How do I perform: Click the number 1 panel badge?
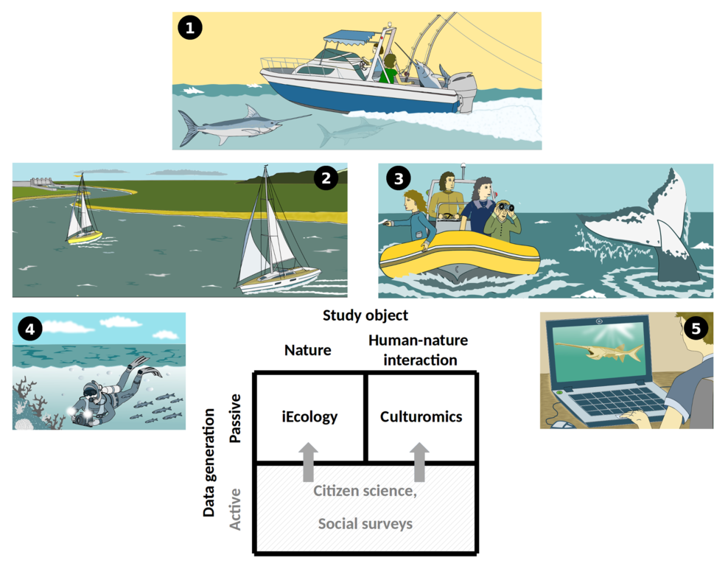click(190, 28)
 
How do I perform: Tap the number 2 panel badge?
click(326, 178)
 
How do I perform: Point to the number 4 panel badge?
click(30, 329)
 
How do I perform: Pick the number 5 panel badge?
click(696, 329)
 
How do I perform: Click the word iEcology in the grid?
click(309, 417)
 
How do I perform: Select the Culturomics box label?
click(421, 416)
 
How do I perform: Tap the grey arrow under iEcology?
click(308, 462)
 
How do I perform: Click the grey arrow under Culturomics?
click(419, 462)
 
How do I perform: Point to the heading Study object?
click(365, 315)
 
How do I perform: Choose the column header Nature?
click(308, 350)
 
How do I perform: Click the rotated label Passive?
click(235, 419)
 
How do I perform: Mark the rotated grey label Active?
click(235, 509)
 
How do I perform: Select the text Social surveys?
click(365, 524)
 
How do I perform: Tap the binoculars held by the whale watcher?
click(505, 206)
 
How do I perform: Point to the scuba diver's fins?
click(144, 366)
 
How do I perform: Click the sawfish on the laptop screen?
click(600, 351)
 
